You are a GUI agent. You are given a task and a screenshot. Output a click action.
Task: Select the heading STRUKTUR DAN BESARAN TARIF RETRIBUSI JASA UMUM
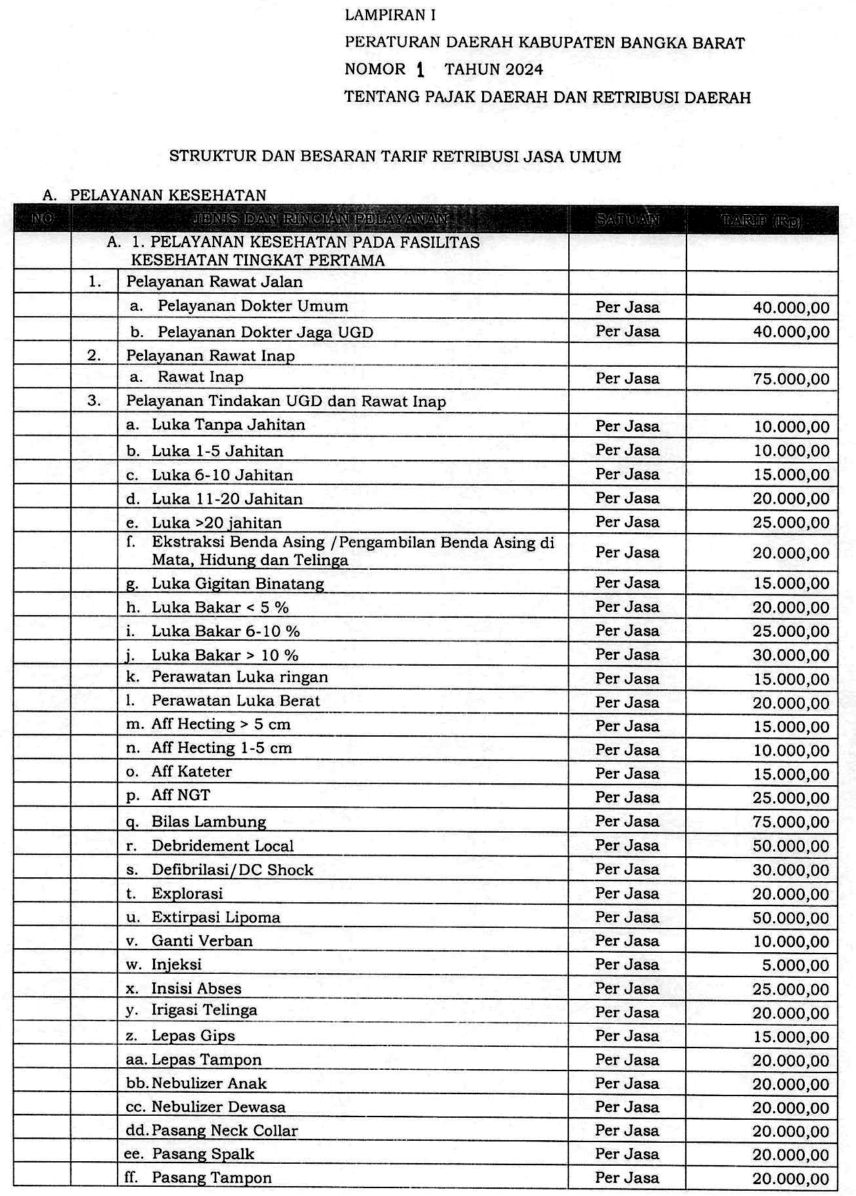point(395,156)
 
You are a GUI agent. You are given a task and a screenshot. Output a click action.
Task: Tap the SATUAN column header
point(627,219)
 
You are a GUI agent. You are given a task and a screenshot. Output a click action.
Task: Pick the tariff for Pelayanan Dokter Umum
point(791,308)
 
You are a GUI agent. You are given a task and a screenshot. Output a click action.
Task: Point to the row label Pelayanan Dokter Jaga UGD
point(265,332)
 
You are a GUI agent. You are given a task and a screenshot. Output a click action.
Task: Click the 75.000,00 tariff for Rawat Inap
point(791,379)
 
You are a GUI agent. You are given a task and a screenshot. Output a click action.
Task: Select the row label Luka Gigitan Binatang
point(238,584)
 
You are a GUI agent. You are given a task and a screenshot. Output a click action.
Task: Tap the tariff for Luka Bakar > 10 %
point(791,655)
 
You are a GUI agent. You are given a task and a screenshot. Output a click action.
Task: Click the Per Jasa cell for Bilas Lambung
point(627,821)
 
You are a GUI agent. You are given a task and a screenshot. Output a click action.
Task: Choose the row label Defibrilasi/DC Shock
point(232,870)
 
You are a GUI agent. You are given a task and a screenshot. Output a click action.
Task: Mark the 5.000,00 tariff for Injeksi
point(800,965)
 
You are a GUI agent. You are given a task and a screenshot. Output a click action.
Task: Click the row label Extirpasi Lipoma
point(215,917)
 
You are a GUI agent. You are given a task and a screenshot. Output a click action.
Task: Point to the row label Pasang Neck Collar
point(224,1131)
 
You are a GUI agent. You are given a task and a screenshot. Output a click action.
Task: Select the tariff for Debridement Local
point(791,846)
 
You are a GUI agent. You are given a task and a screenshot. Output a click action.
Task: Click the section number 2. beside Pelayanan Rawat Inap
point(94,356)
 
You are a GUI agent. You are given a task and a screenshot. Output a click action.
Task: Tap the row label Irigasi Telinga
point(204,1011)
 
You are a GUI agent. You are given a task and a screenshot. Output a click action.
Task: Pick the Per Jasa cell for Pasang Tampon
point(627,1178)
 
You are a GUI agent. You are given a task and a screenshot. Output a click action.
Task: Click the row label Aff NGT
point(181,795)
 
